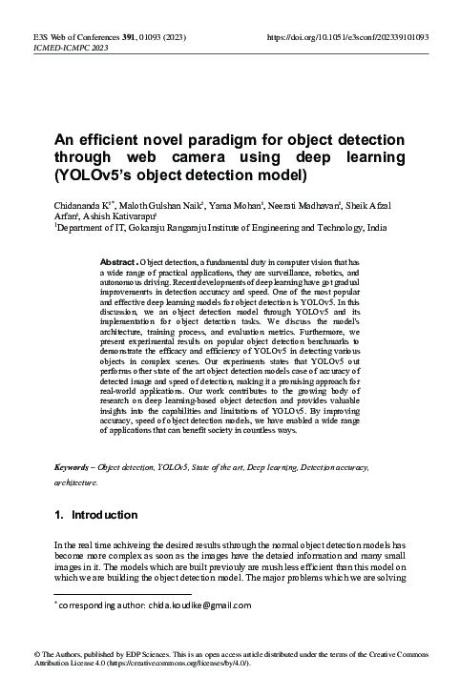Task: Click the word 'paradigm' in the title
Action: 221,140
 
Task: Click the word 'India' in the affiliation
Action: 377,229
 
